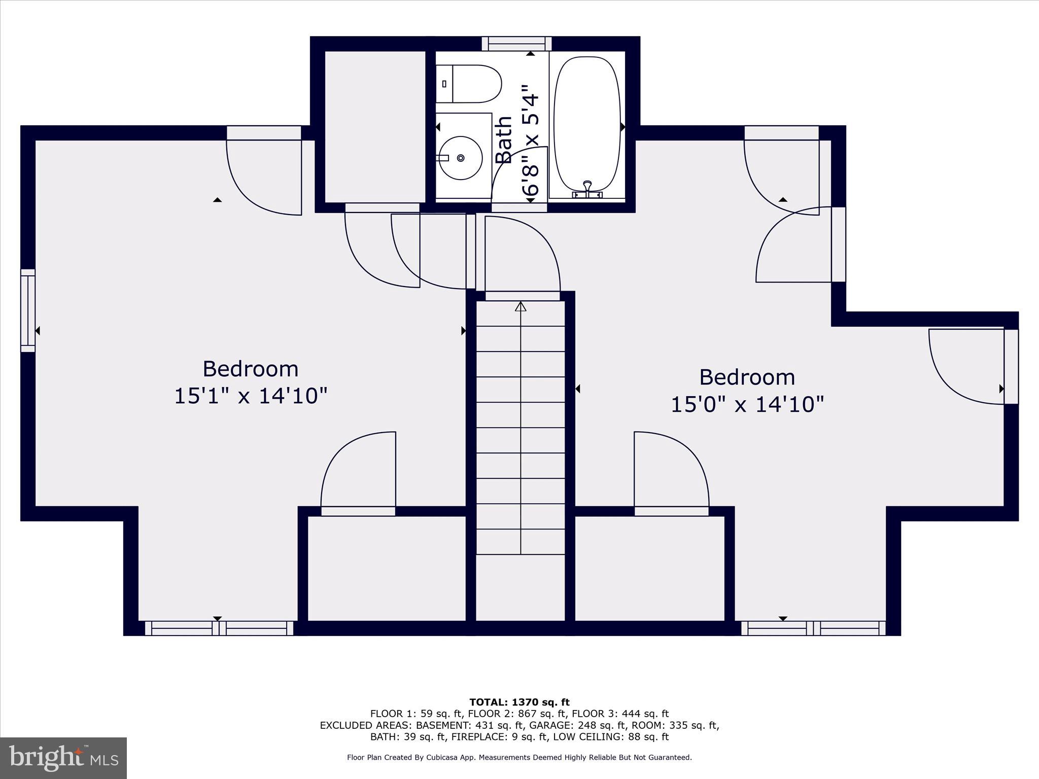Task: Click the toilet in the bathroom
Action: point(469,84)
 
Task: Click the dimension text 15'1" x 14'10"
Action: point(251,396)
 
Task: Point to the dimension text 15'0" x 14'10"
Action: point(747,405)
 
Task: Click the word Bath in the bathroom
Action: point(504,139)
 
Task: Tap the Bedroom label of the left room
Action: point(251,369)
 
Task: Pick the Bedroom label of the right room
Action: point(747,377)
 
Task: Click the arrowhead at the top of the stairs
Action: point(521,306)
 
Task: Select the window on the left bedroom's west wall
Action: point(28,310)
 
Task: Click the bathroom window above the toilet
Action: point(516,44)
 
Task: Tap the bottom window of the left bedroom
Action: point(219,628)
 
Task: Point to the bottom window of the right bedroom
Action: point(813,628)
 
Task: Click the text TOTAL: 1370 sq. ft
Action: point(519,702)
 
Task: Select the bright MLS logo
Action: point(63,758)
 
